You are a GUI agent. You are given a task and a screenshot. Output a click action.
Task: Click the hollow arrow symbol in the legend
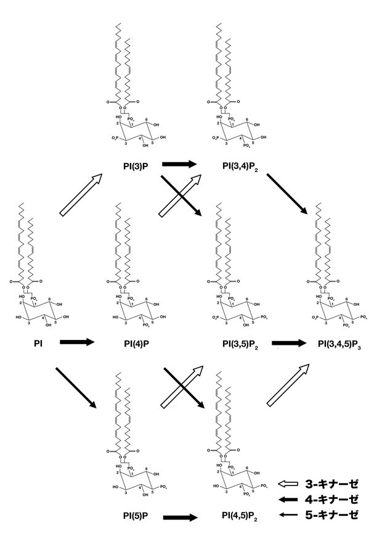point(288,484)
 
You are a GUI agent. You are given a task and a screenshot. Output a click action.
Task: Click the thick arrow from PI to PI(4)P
point(77,341)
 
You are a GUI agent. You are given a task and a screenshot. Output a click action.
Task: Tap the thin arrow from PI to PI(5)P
point(76,388)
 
